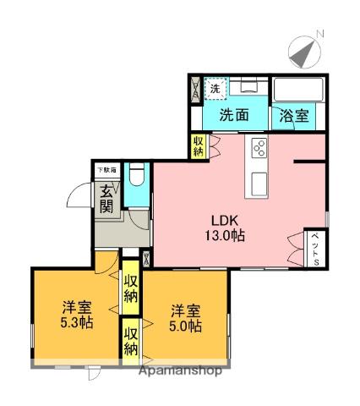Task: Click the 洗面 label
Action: point(234,117)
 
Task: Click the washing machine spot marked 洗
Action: point(215,88)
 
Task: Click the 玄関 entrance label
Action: point(106,200)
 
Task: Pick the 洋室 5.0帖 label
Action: point(183,316)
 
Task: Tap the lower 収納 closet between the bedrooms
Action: point(131,341)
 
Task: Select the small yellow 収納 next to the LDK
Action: point(198,145)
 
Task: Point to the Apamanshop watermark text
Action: point(178,370)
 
